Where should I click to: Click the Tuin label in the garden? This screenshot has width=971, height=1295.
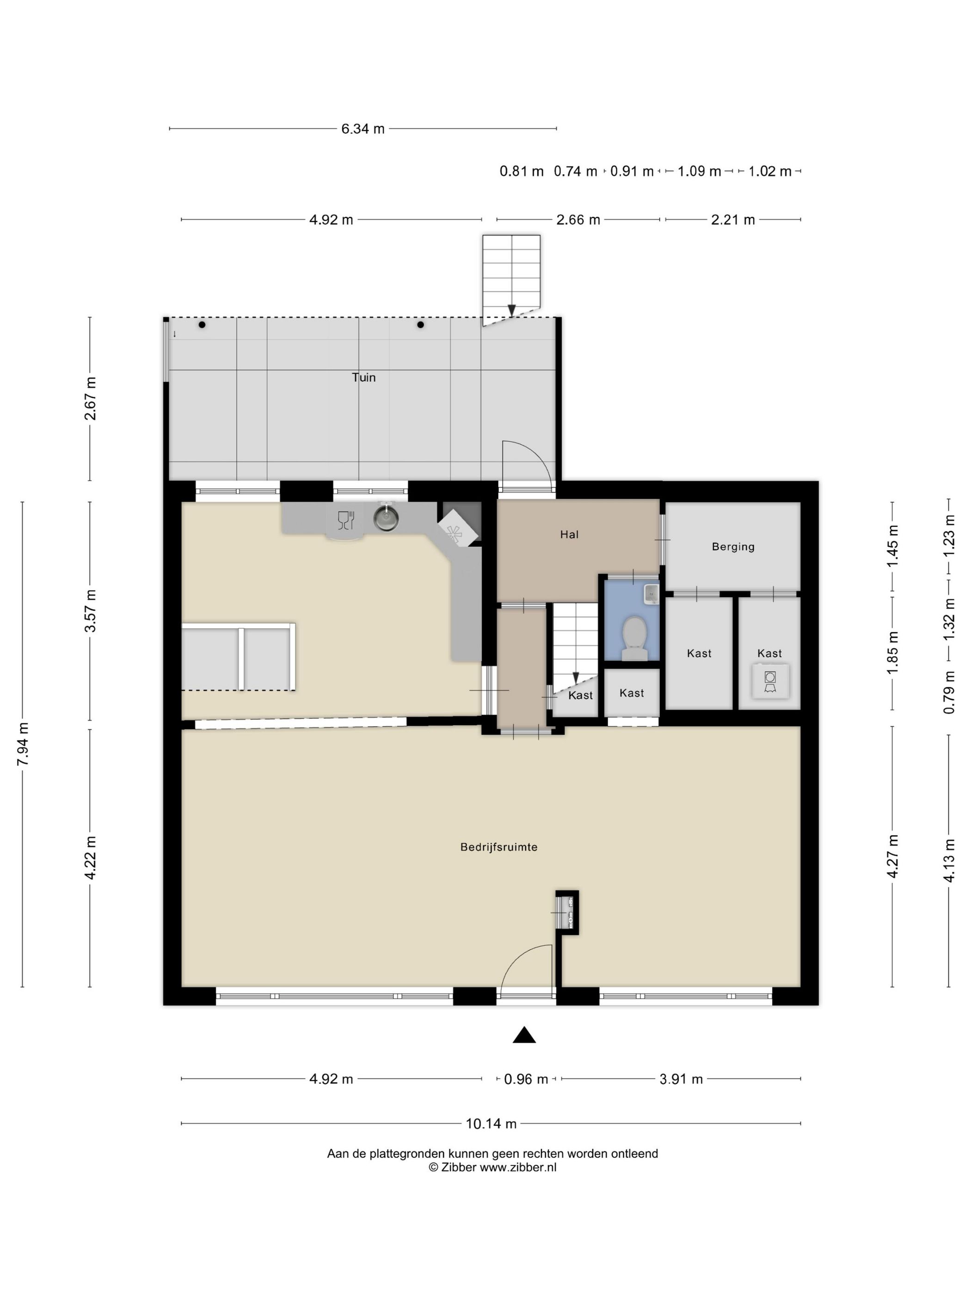[x=363, y=377]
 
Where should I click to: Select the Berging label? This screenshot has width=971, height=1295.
[x=733, y=547]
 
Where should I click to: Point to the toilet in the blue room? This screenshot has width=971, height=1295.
[x=634, y=639]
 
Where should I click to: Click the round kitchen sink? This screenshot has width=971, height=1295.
[x=386, y=518]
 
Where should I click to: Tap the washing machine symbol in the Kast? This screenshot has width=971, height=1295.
[x=770, y=681]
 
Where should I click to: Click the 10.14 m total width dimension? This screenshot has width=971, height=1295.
[x=491, y=1123]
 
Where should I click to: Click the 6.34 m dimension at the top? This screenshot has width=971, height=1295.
[x=363, y=129]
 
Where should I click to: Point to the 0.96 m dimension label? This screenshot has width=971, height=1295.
[x=526, y=1079]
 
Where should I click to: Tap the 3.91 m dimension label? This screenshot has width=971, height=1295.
[x=681, y=1079]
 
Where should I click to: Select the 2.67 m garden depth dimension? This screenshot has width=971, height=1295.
[x=90, y=399]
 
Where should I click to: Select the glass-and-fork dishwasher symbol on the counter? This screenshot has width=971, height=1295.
[x=346, y=520]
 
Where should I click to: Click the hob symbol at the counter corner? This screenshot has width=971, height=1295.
[x=458, y=528]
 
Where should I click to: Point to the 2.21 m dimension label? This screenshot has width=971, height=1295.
[x=733, y=220]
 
